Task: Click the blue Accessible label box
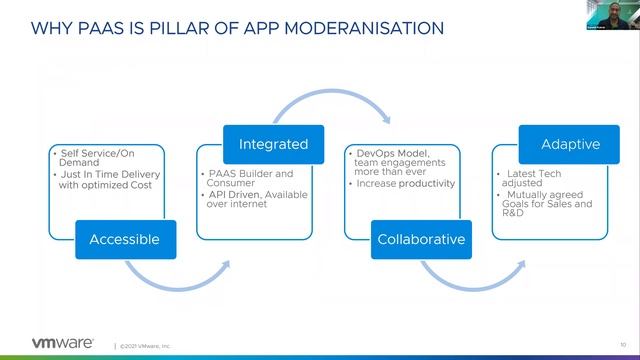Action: pyautogui.click(x=124, y=239)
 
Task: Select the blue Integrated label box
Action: pyautogui.click(x=273, y=145)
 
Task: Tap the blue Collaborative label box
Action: pyautogui.click(x=420, y=239)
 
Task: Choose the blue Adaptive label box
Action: pyautogui.click(x=570, y=145)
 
